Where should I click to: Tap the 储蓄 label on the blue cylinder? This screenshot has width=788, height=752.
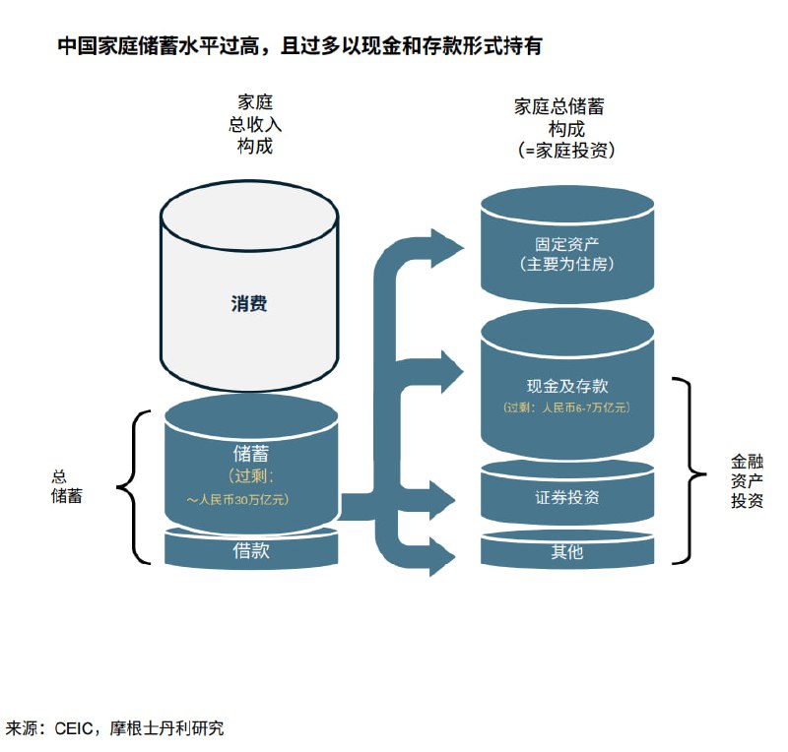[250, 455]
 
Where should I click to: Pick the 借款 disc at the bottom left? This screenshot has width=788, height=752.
[250, 551]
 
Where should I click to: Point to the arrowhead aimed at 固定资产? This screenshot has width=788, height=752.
[447, 246]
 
